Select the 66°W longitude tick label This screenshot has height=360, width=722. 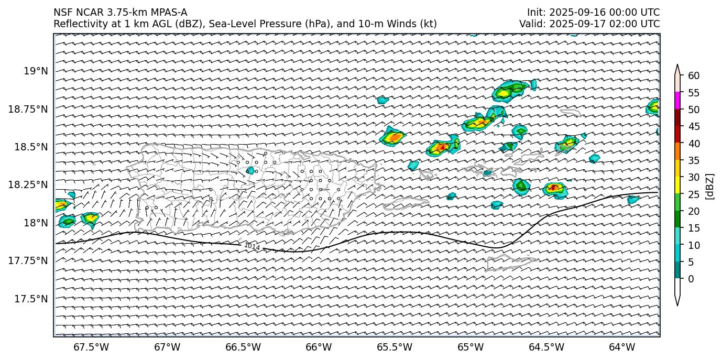coord(319,347)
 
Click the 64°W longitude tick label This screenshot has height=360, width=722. coord(622,347)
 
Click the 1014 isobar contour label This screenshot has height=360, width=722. coord(252,246)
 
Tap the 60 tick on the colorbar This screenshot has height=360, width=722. coord(694,76)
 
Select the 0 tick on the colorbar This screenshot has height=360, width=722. coord(691,279)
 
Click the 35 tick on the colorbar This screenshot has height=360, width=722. coord(694,160)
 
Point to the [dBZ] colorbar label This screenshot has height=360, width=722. coord(710,186)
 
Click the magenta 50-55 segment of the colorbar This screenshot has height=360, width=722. coord(677,101)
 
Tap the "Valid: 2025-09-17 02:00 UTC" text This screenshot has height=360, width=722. coord(589,24)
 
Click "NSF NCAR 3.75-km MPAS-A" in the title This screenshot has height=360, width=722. coord(120,13)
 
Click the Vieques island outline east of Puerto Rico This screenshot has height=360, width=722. coord(407,203)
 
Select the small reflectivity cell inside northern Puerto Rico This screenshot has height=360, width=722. coord(250,170)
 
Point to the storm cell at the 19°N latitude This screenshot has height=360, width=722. coord(509,92)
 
